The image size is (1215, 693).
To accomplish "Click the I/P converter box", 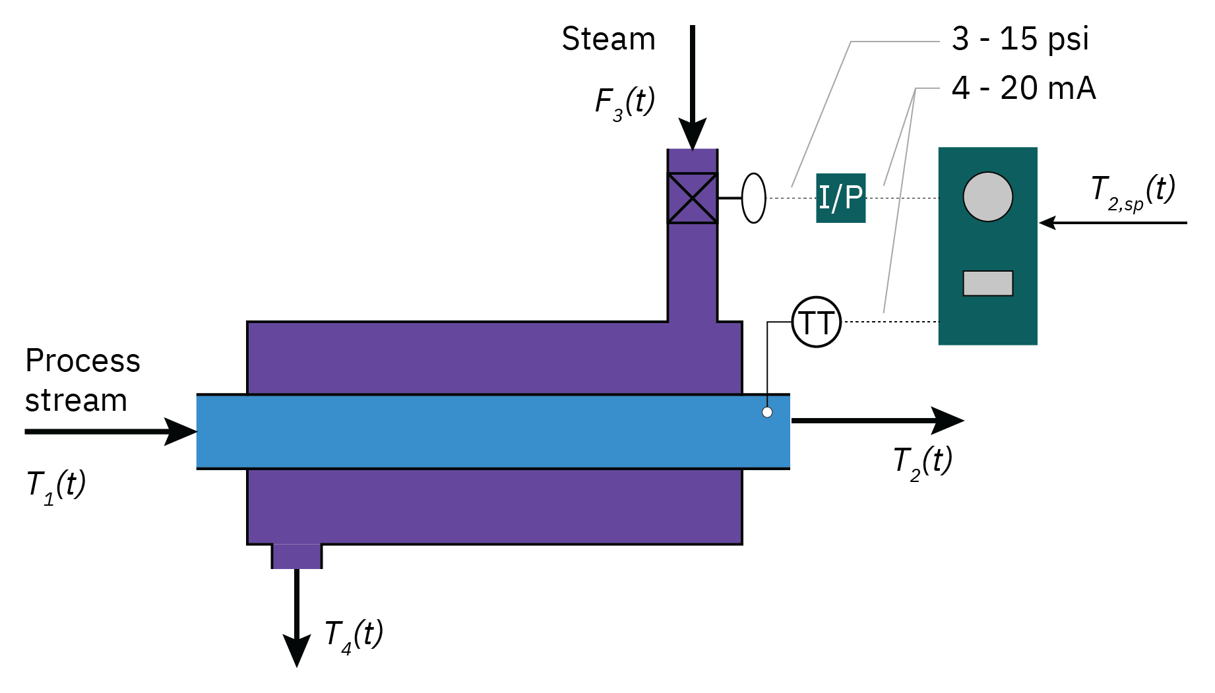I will tap(840, 198).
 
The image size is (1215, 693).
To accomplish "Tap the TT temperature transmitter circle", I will tap(816, 322).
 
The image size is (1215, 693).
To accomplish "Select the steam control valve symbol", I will tap(692, 198).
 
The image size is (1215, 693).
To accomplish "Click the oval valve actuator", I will tap(753, 198).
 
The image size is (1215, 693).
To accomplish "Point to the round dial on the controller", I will tap(987, 196).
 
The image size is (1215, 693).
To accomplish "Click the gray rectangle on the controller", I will tap(987, 283).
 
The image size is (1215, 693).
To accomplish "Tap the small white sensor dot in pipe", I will tap(767, 412).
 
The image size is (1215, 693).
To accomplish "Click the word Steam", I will tap(608, 39).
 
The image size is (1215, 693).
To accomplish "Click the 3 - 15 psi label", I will tap(1020, 39).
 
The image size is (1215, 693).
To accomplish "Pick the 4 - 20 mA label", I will tap(1023, 88).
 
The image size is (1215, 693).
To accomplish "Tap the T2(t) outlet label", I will tap(922, 462).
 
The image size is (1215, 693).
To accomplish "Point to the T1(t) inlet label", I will tap(56, 487).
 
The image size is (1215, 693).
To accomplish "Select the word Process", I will tap(82, 361).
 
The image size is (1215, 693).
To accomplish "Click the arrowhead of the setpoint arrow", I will tap(1048, 223).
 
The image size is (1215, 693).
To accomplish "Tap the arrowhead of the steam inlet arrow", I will tap(692, 135).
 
